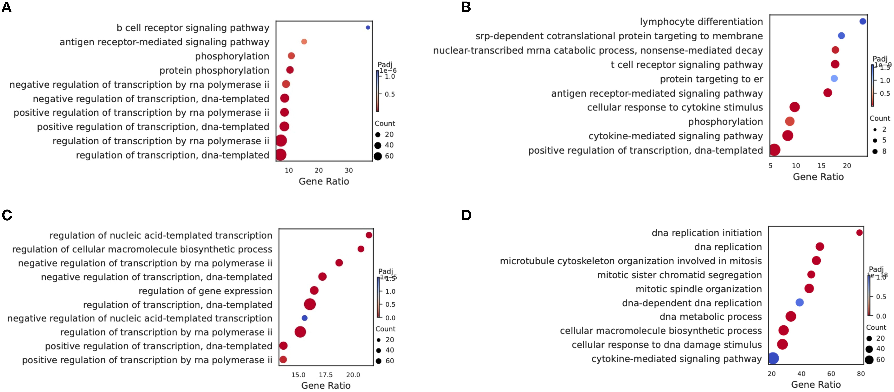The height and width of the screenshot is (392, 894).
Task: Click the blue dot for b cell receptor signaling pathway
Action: (x=368, y=27)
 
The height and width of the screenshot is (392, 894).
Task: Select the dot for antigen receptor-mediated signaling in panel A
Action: (x=304, y=42)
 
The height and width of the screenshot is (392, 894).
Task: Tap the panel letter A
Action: (x=7, y=7)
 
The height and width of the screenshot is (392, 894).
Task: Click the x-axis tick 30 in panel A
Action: (x=348, y=170)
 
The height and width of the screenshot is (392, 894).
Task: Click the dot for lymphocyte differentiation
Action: (x=862, y=21)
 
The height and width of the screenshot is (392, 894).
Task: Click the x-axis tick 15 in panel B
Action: (x=822, y=166)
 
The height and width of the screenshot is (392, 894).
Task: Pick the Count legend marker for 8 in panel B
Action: (x=875, y=151)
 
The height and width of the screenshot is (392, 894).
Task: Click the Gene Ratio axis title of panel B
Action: (x=818, y=177)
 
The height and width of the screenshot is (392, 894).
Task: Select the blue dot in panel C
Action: (x=304, y=318)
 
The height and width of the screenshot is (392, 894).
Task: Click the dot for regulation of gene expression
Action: (x=314, y=290)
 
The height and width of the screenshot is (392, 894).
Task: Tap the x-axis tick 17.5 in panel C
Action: (x=326, y=375)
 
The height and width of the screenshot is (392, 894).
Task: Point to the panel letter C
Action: (x=7, y=215)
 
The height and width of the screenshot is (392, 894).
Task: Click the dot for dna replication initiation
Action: (x=859, y=233)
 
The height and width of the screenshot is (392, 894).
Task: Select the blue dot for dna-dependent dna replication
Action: (x=800, y=303)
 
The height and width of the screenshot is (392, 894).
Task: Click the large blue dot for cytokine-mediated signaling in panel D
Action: (x=773, y=358)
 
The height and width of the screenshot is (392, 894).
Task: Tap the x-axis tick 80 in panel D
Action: (x=861, y=374)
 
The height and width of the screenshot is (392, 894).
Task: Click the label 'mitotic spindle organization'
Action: (x=699, y=289)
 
